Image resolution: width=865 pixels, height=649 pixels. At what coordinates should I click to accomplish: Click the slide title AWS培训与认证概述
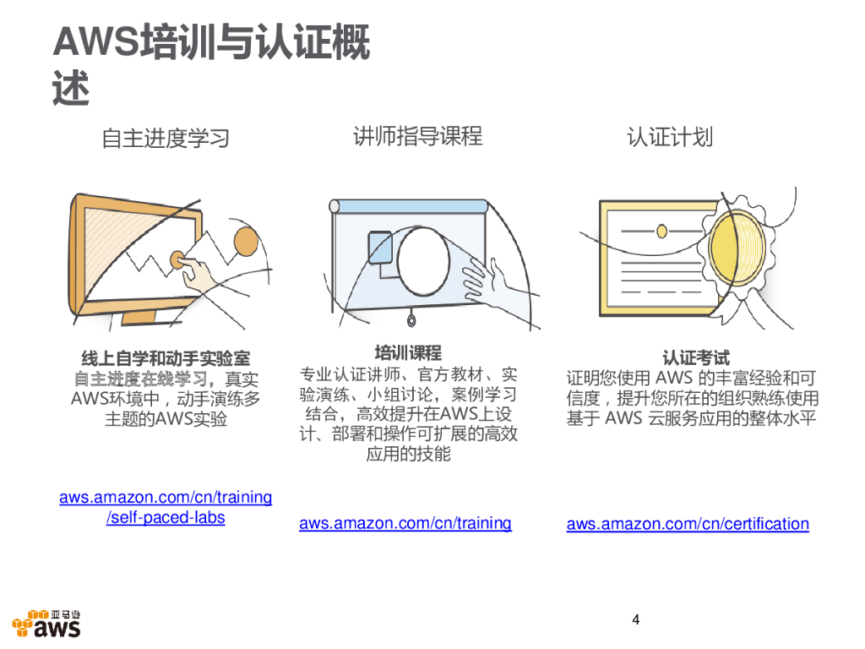[x=211, y=64]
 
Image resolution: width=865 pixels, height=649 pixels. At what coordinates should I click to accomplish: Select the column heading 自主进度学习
[x=166, y=138]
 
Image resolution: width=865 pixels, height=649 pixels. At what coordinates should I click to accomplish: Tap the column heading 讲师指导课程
[x=417, y=136]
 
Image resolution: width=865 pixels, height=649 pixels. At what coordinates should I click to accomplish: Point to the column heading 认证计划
[x=670, y=137]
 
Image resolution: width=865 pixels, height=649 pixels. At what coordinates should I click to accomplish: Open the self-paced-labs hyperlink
[x=166, y=507]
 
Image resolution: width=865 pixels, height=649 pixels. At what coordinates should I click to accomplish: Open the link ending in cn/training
[x=405, y=522]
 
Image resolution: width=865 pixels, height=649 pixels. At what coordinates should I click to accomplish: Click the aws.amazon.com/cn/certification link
[x=688, y=523]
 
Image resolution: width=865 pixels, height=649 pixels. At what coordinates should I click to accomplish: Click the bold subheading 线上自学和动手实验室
[x=166, y=358]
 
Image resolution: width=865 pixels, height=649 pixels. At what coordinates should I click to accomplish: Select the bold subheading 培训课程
[x=408, y=352]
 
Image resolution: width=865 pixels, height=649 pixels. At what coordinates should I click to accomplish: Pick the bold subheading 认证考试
[x=696, y=357]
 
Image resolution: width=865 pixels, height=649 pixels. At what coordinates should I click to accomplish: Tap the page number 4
[x=635, y=619]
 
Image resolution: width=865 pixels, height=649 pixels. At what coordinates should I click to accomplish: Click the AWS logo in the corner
[x=47, y=624]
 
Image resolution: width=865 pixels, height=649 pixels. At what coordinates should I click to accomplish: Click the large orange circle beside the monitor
[x=246, y=241]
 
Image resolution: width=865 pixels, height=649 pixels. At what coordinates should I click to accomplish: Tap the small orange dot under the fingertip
[x=177, y=259]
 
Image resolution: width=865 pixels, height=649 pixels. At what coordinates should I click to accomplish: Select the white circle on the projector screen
[x=423, y=261]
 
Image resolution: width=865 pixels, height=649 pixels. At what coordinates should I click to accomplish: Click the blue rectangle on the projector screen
[x=380, y=248]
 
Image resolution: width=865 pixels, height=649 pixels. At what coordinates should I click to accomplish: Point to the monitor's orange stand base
[x=139, y=317]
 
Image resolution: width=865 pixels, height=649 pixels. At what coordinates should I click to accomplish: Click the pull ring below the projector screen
[x=411, y=320]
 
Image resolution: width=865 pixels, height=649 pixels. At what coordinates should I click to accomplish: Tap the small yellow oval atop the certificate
[x=662, y=231]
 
